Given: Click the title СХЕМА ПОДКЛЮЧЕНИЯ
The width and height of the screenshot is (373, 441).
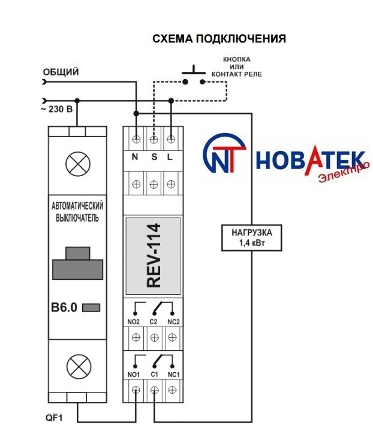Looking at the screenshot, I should pos(219,39).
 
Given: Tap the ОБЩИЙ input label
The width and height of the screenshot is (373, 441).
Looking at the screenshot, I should pos(61,73).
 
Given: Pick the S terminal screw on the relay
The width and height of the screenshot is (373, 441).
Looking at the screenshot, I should pos(154,139).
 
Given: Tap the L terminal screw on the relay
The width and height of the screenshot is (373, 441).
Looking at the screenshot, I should pos(171,139).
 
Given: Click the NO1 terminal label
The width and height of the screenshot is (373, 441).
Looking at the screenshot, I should pos(134,374).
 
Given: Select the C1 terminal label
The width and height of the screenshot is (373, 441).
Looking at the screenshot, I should pos(154,374).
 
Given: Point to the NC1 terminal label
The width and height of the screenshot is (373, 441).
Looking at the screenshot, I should pos(174,374).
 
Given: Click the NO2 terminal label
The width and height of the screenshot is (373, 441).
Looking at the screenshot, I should pos(134,322).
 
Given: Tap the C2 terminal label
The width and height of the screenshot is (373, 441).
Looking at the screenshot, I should pos(154,322).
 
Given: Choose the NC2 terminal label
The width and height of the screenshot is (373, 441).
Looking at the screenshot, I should pos(174,322).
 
